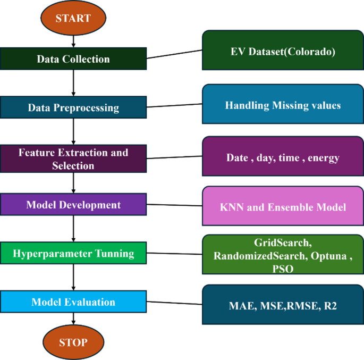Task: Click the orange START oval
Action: [73, 19]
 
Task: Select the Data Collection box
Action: [73, 59]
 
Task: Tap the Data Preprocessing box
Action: [73, 107]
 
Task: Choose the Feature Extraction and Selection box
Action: [73, 158]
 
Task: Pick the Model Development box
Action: [73, 205]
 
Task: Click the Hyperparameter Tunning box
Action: [73, 254]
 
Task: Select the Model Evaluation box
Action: [73, 302]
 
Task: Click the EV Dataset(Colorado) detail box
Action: [282, 52]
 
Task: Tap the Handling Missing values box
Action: [282, 105]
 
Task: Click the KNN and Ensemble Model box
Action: [282, 207]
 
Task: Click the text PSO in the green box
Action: [282, 269]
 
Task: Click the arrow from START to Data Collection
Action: [73, 41]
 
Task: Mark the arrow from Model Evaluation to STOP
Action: [73, 320]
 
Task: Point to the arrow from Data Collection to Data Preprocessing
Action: [73, 83]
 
